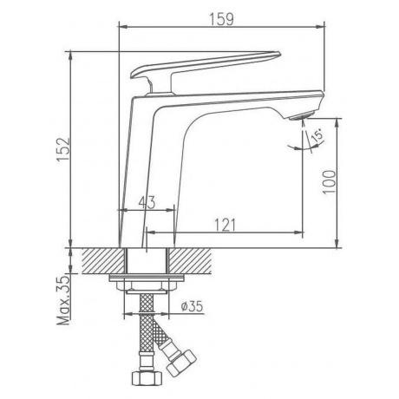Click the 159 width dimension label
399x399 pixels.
click(x=221, y=19)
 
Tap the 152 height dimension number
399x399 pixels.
click(x=64, y=150)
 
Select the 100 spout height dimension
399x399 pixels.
click(x=330, y=182)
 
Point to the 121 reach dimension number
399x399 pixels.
click(x=225, y=225)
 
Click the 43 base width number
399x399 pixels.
click(x=147, y=202)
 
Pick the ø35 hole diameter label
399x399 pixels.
click(x=192, y=306)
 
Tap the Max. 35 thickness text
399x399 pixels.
click(x=64, y=300)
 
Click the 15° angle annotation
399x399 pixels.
click(x=317, y=136)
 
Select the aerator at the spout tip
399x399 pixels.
click(x=300, y=116)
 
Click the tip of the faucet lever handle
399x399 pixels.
click(x=279, y=53)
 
